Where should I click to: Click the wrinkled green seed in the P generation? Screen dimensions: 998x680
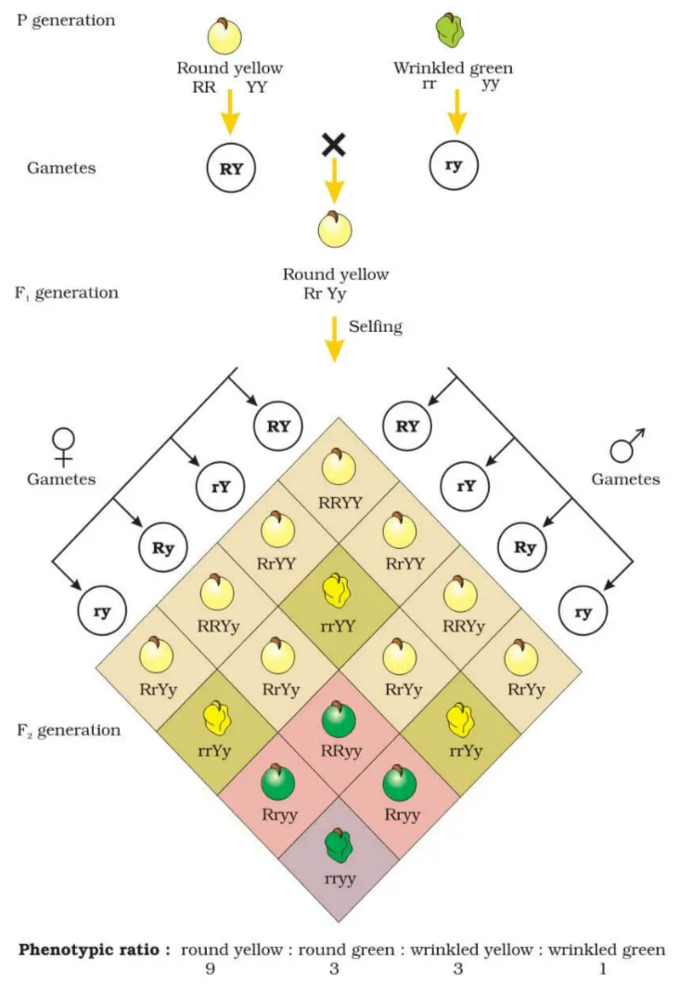452,32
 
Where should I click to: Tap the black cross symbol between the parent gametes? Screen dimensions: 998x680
334,145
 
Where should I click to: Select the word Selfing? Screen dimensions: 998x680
376,326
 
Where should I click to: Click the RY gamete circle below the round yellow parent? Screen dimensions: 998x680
230,168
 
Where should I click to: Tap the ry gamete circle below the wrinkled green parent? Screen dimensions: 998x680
455,168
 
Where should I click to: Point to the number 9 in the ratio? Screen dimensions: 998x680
220,968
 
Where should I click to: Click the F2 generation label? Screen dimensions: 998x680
68,730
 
